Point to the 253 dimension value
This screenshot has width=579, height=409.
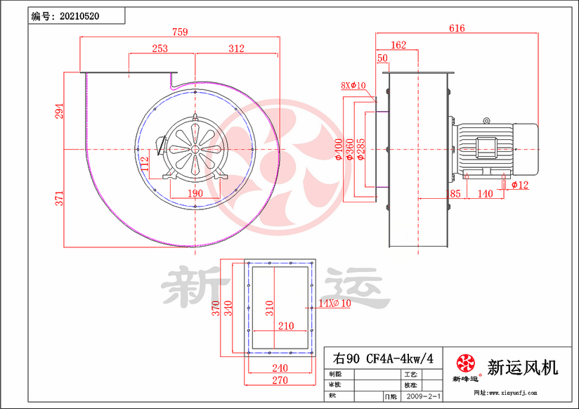[160, 48]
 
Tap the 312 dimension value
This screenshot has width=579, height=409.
[236, 48]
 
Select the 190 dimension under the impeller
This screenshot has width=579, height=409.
[195, 193]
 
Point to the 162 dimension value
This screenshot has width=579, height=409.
[398, 45]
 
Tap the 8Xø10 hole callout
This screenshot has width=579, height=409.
[353, 86]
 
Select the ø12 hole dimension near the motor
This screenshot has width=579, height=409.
[520, 185]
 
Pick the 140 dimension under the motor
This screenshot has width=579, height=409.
[485, 193]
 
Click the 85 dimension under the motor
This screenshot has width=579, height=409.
[455, 193]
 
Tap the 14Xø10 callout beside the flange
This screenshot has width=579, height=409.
[334, 304]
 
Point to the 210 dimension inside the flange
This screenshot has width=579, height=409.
[285, 325]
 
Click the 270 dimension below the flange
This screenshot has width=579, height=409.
[280, 380]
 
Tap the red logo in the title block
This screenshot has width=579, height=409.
[465, 363]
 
